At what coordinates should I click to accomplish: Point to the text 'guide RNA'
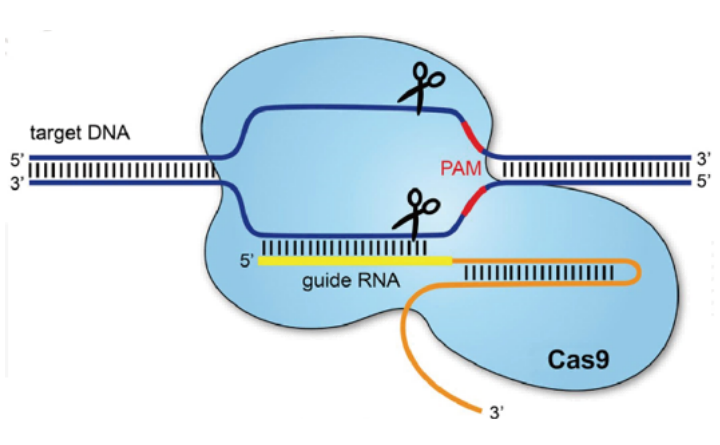[x=351, y=283]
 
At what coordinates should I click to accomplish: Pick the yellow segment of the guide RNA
[x=355, y=262]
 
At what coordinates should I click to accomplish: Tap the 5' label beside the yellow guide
[x=246, y=262]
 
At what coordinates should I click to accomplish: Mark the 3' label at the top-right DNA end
[x=704, y=157]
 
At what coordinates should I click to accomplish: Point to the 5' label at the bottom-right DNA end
[x=704, y=183]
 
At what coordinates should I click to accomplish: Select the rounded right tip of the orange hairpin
[x=637, y=272]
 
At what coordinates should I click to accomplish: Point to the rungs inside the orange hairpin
[x=530, y=272]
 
